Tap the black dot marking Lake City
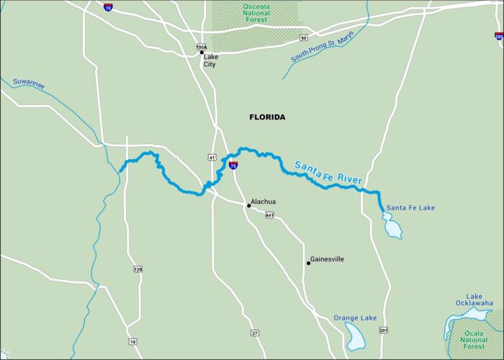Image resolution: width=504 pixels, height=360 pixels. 202,52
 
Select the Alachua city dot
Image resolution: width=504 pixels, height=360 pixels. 248,206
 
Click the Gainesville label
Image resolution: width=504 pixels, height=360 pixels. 328,259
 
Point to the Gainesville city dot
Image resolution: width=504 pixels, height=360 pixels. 308,263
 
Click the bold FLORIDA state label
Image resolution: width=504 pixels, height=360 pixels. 267,117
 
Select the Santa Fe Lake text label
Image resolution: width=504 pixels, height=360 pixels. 410,208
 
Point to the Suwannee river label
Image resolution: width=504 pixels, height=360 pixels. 29,84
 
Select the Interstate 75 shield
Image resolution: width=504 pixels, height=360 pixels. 233,165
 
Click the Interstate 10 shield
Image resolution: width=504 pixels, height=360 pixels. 108,7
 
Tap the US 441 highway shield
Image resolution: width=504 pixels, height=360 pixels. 269,215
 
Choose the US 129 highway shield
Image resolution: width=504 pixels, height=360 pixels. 138,269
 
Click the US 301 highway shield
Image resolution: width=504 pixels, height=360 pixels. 383,330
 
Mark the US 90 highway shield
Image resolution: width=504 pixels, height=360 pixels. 304,37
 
